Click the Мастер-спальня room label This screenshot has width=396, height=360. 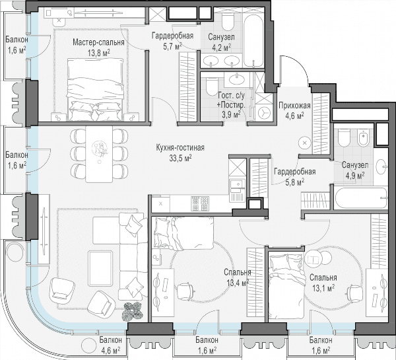(98, 42)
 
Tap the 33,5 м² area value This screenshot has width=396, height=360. (180, 159)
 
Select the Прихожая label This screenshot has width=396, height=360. (294, 106)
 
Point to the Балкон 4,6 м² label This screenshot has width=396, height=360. (111, 345)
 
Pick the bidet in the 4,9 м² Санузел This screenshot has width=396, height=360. (364, 137)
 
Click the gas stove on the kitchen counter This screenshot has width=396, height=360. (200, 203)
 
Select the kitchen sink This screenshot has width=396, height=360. (237, 185)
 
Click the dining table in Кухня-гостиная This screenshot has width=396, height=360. (99, 154)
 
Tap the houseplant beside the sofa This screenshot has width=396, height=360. (133, 311)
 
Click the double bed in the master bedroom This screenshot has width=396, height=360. (96, 89)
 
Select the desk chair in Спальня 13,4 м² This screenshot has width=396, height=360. (185, 290)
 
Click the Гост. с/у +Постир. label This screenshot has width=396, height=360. (231, 105)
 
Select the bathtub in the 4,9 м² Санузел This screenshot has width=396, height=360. (360, 198)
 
